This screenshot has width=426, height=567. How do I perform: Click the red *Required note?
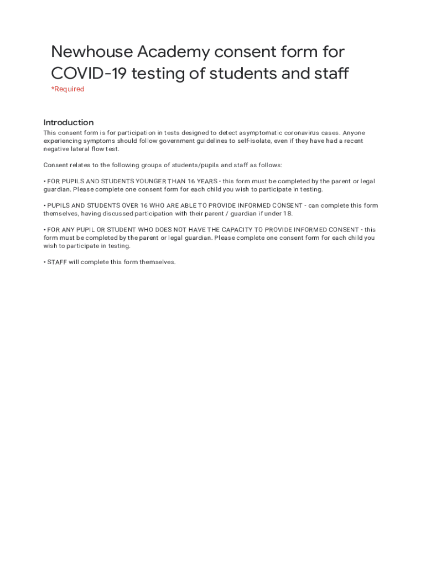pos(67,89)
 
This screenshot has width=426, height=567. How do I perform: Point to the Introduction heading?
pos(69,122)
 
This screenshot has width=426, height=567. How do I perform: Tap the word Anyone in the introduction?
pos(354,133)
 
